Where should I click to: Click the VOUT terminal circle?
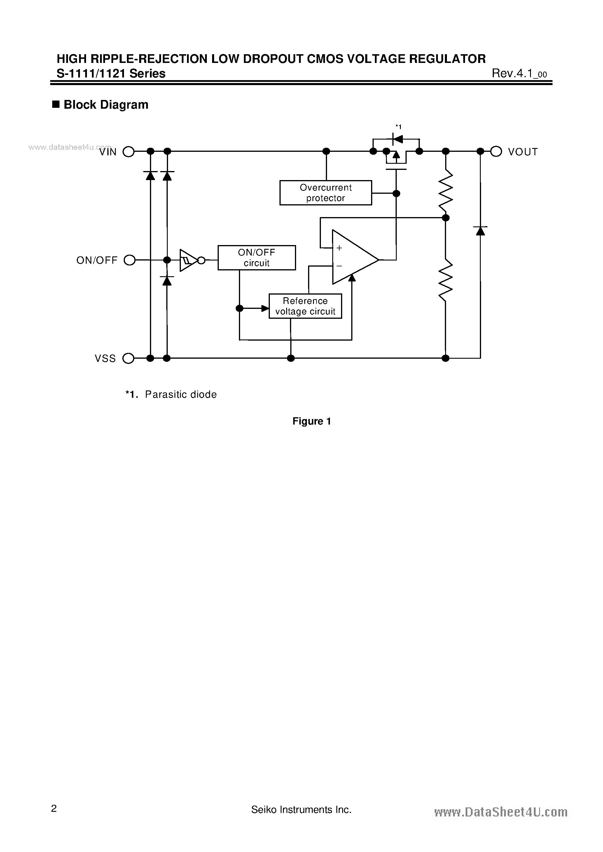point(496,152)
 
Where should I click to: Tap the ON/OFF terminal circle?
point(129,260)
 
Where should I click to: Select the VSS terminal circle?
point(128,358)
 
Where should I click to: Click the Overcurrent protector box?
point(326,193)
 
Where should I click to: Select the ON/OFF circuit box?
point(256,258)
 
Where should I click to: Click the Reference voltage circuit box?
point(305,306)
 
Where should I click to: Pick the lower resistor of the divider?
point(445,280)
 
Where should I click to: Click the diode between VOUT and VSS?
point(480,231)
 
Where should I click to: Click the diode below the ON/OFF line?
point(167,281)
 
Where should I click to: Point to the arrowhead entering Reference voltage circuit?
point(265,308)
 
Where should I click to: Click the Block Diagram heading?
point(106,105)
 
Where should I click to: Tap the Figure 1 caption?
point(311,421)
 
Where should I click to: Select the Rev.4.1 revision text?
point(519,73)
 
